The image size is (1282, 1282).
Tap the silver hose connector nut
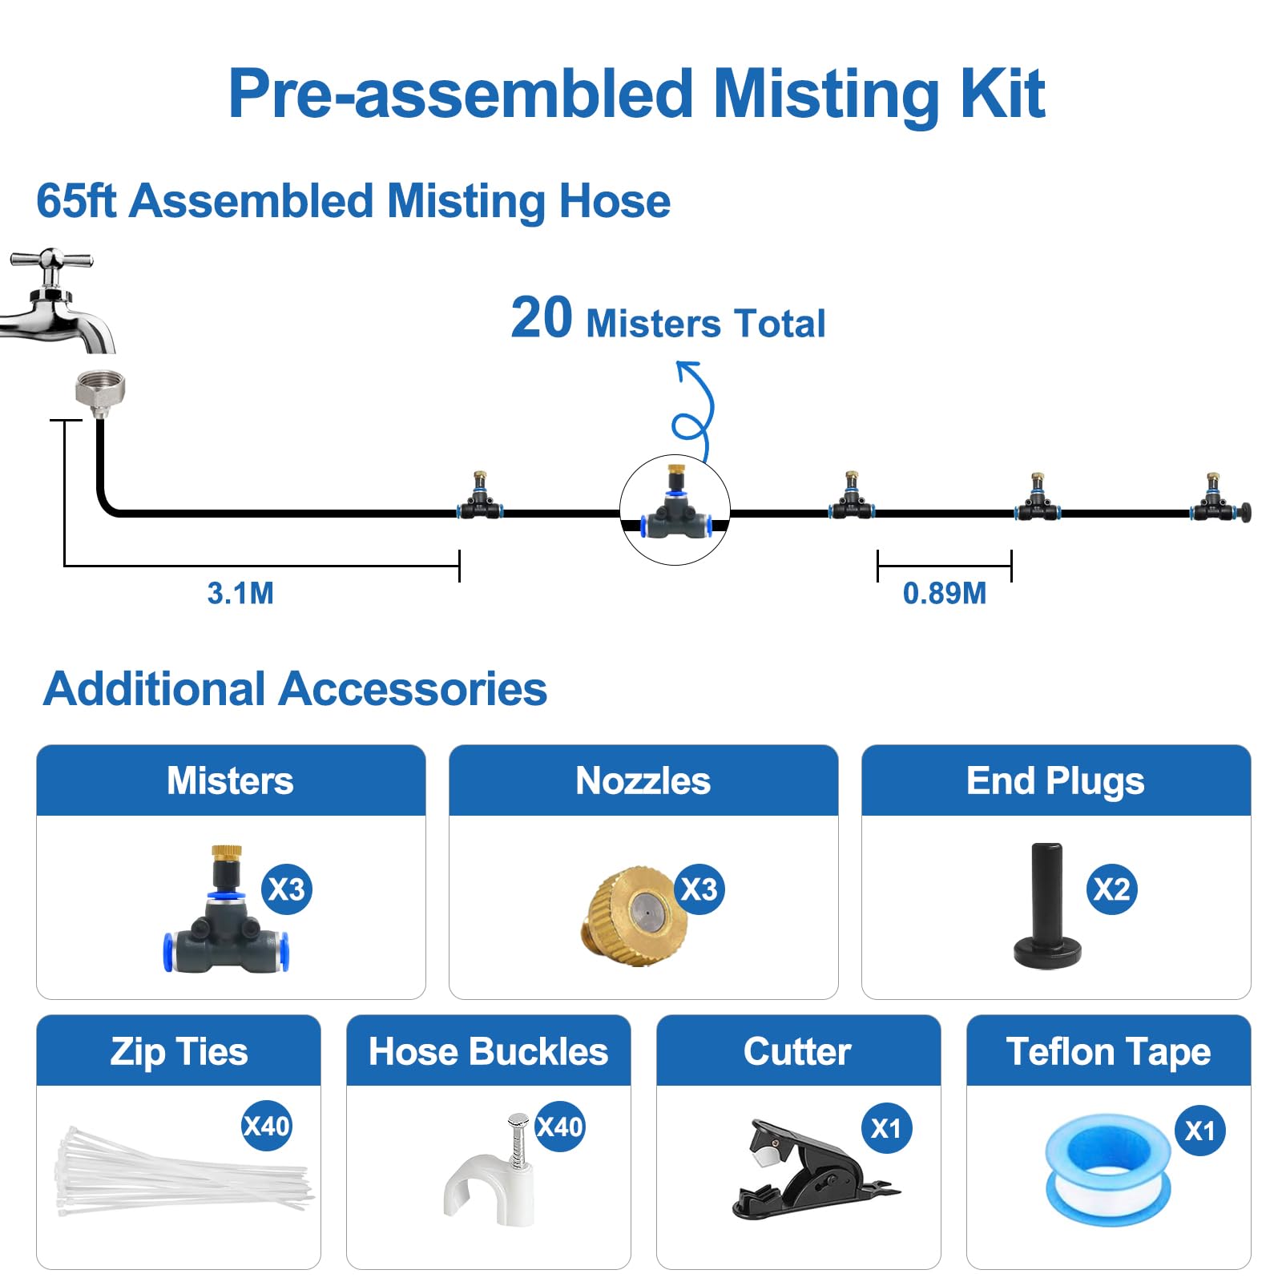pyautogui.click(x=100, y=391)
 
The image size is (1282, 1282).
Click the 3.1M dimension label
pyautogui.click(x=240, y=594)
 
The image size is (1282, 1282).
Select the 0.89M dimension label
pyautogui.click(x=944, y=594)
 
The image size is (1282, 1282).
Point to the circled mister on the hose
pyautogui.click(x=675, y=510)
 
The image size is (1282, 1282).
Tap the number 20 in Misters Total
pyautogui.click(x=542, y=319)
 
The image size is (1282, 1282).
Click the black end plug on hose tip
pyautogui.click(x=1245, y=512)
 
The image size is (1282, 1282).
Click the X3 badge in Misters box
pyautogui.click(x=286, y=889)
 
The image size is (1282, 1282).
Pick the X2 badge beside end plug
pyautogui.click(x=1111, y=889)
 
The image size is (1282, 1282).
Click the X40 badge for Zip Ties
pyautogui.click(x=266, y=1127)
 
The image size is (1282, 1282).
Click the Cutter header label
pyautogui.click(x=797, y=1051)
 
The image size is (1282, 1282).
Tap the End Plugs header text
pyautogui.click(x=1055, y=781)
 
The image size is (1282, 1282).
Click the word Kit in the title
pyautogui.click(x=1002, y=95)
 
